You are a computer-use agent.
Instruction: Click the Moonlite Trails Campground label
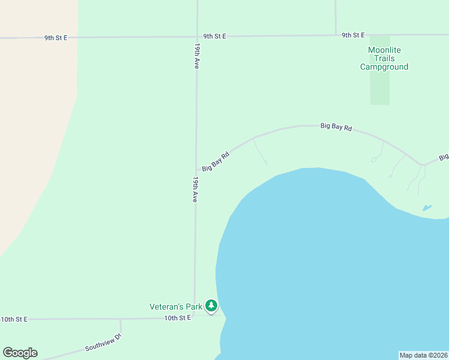coord(384,58)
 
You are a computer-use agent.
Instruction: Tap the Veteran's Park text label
coord(176,307)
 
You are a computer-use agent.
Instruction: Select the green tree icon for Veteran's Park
coord(211,306)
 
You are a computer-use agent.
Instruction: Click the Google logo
coord(20,353)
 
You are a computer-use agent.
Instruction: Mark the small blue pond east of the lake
coord(427,208)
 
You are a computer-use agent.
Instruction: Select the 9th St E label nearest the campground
coord(353,35)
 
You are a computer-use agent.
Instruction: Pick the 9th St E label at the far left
coord(55,37)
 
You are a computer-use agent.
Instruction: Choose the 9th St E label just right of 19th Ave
coord(214,36)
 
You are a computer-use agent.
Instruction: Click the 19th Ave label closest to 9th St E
coord(196,56)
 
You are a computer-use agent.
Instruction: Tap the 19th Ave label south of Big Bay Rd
coord(195,189)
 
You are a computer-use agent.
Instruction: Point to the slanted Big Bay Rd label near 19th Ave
coord(216,161)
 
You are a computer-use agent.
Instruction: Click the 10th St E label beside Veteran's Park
coord(177,317)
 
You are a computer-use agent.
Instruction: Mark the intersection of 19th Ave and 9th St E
coord(197,37)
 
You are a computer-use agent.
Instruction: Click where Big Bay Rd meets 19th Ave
coord(196,170)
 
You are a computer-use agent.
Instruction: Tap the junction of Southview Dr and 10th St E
coord(121,319)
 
